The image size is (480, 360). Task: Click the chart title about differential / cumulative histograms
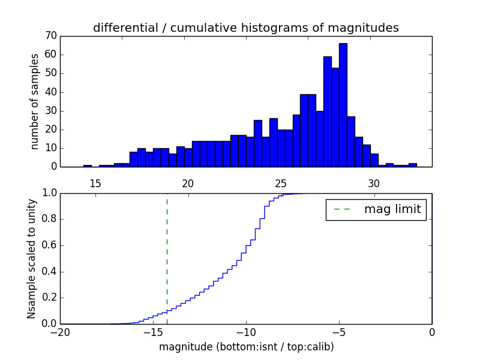click(245, 28)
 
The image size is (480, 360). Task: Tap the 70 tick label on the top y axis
click(50, 36)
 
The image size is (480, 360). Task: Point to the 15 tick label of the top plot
click(95, 183)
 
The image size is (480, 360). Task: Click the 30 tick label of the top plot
click(374, 183)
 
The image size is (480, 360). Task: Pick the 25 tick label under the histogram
click(281, 183)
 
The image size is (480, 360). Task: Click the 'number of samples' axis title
click(35, 101)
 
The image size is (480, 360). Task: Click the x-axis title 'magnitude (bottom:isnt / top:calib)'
click(246, 347)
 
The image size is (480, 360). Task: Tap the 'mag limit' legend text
click(392, 209)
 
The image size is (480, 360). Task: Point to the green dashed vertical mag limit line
click(167, 252)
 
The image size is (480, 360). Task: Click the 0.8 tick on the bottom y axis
click(48, 219)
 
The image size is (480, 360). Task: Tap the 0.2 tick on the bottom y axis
click(48, 298)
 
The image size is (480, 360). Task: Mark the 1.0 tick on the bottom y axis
click(48, 193)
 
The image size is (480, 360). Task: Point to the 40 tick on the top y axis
click(50, 92)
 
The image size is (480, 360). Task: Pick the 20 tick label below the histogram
click(188, 183)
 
